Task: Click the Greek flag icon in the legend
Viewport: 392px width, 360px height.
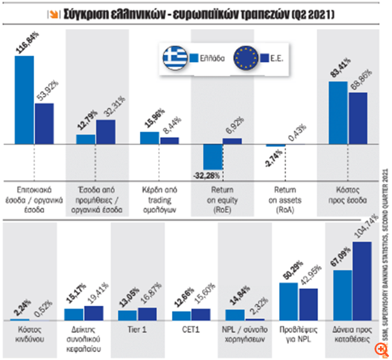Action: pos(175,58)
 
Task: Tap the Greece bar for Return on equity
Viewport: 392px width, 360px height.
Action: pos(212,157)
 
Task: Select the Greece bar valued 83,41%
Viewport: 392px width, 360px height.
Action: pos(338,113)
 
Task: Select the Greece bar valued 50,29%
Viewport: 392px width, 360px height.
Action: pos(288,302)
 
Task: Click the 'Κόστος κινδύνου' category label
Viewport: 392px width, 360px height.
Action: pos(28,335)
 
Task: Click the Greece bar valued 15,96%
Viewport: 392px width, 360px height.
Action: pos(149,138)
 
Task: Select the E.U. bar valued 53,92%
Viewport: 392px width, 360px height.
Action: pos(44,124)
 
